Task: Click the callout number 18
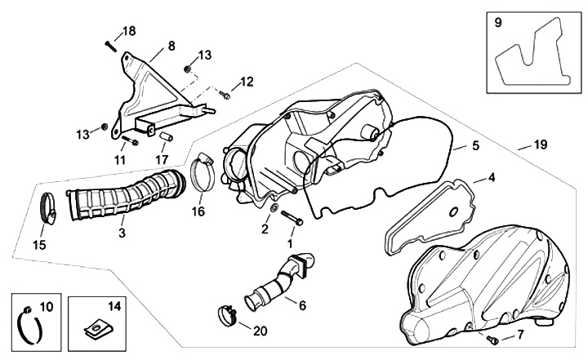(129, 31)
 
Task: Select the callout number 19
(540, 144)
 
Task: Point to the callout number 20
(261, 331)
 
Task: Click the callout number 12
(247, 82)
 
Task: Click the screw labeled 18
(110, 44)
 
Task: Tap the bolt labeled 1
(293, 220)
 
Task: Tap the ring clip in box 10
(29, 327)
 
